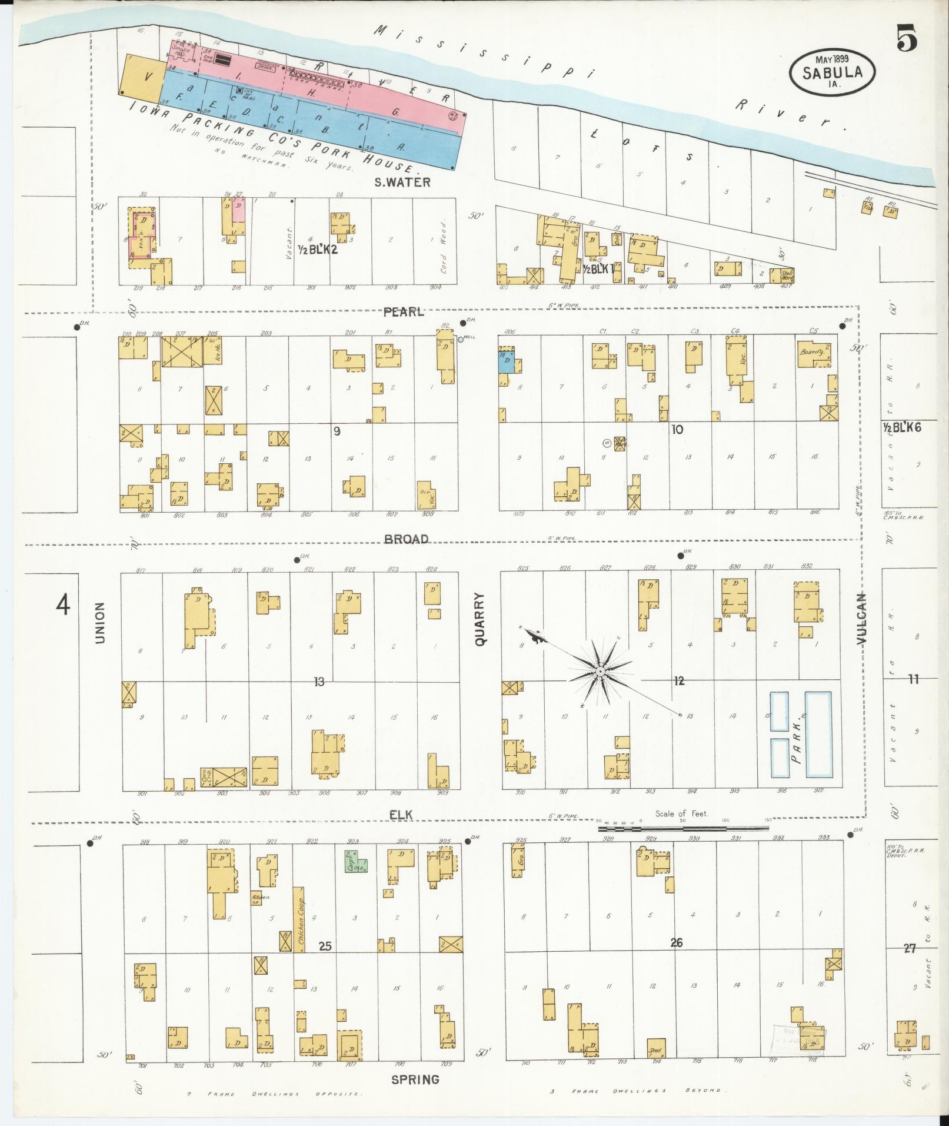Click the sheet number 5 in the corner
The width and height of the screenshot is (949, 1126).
coord(907,40)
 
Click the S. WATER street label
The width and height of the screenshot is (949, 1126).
coord(403,182)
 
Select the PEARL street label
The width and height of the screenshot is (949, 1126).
coord(403,313)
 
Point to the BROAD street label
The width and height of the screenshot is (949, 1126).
coord(406,539)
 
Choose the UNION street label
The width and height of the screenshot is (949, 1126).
coord(99,622)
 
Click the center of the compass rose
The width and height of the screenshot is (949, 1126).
coord(600,672)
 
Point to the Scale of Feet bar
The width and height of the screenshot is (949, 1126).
coord(682,828)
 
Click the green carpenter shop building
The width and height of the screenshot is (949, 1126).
coord(355,861)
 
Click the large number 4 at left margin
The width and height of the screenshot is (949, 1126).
coord(63,604)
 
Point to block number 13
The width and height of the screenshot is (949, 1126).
coord(319,682)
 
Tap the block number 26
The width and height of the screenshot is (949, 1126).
coord(676,943)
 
